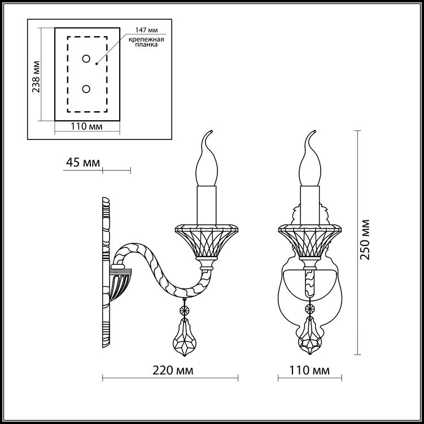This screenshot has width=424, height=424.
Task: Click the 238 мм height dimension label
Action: (x=36, y=77)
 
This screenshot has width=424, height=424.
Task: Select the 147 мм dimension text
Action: (x=147, y=30)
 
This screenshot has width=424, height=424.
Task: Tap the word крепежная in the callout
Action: (x=146, y=40)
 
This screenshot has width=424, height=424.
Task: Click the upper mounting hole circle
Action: (x=86, y=59)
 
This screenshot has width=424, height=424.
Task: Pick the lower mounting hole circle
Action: (x=86, y=89)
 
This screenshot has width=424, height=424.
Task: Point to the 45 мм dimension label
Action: (x=83, y=163)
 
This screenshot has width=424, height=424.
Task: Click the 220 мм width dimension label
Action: (x=173, y=370)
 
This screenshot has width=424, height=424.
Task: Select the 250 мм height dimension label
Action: (x=365, y=239)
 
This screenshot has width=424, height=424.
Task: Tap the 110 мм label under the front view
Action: (x=309, y=370)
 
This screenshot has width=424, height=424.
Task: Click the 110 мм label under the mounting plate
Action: (x=86, y=126)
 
